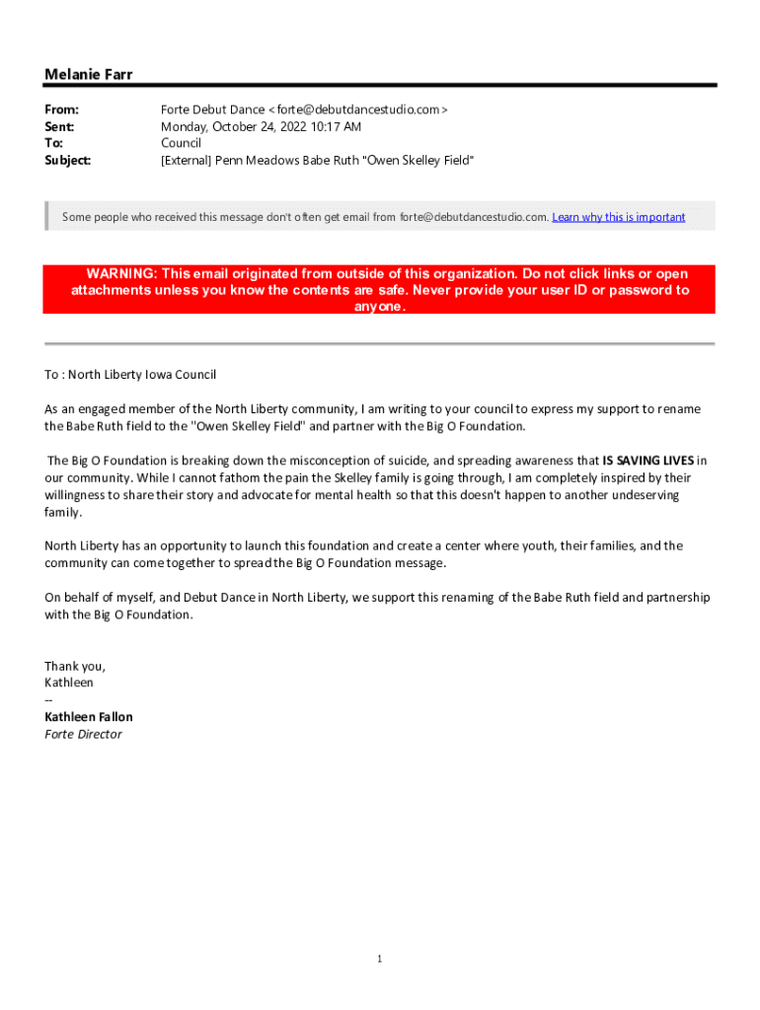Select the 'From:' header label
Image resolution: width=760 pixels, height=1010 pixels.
click(x=61, y=109)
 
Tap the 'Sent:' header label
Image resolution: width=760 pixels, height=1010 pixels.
click(x=59, y=126)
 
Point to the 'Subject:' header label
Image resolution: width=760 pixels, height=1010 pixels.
click(x=67, y=160)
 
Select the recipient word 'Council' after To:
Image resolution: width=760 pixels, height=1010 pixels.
click(x=181, y=143)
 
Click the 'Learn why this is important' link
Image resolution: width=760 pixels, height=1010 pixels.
click(x=618, y=217)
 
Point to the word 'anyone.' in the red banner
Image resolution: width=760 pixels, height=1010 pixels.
click(x=379, y=307)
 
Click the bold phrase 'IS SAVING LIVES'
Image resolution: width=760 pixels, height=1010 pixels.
click(x=648, y=461)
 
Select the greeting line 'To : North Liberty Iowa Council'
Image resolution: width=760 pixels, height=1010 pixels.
click(x=130, y=375)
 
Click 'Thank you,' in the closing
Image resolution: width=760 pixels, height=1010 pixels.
click(x=75, y=666)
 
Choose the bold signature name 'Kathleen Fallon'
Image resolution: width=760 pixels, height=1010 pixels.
click(x=89, y=717)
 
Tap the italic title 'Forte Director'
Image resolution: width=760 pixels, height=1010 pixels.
click(x=83, y=734)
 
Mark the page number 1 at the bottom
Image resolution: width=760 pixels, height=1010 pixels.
click(x=379, y=960)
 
